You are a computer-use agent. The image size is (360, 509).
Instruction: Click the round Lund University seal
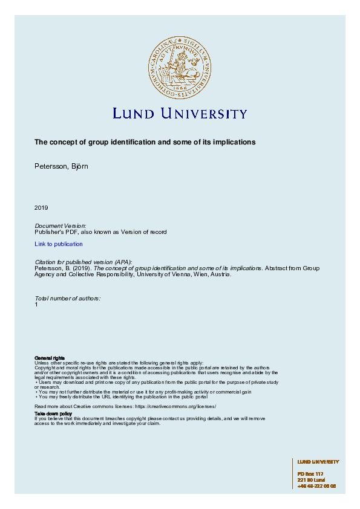click(x=180, y=67)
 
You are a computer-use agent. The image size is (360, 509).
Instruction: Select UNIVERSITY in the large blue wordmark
click(x=204, y=114)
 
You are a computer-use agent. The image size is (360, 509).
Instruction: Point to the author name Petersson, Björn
click(x=61, y=166)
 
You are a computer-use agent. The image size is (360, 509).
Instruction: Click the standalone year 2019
click(x=41, y=208)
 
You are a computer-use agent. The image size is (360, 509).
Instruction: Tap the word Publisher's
click(x=49, y=232)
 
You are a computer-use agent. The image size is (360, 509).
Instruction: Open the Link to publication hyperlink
click(x=59, y=244)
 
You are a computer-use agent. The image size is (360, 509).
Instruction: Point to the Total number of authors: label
click(x=68, y=299)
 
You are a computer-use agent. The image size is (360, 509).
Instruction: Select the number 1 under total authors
click(x=36, y=305)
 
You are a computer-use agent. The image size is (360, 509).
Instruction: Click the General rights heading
click(x=50, y=358)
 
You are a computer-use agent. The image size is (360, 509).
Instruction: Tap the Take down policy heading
click(x=53, y=413)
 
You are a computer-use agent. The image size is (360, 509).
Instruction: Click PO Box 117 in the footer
click(x=310, y=474)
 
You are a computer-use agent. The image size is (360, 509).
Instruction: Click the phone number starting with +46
click(x=316, y=486)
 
